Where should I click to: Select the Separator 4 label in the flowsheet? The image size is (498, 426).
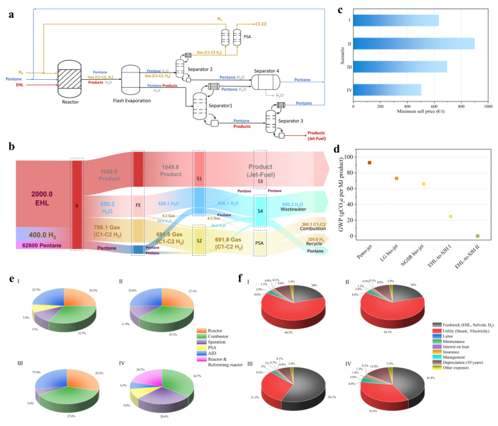pyautogui.click(x=267, y=71)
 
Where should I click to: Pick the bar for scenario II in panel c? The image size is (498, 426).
pyautogui.click(x=414, y=44)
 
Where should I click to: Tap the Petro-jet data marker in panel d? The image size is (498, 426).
pyautogui.click(x=369, y=162)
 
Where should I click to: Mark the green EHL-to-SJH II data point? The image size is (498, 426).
pyautogui.click(x=477, y=235)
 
